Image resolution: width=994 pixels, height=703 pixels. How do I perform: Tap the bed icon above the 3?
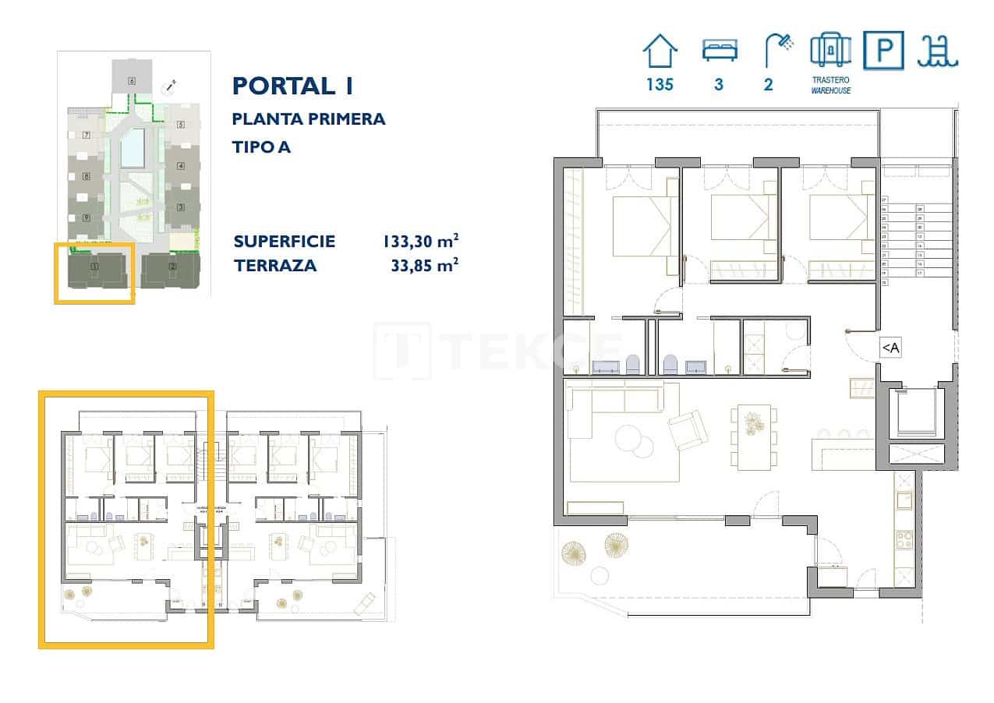(x=718, y=51)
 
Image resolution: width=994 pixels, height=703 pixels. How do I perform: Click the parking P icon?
(x=883, y=51)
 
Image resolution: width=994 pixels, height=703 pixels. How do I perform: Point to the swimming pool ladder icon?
(x=939, y=51)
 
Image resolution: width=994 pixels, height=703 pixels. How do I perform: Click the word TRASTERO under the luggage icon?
(x=830, y=80)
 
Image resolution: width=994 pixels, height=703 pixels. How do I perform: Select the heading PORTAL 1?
(x=292, y=86)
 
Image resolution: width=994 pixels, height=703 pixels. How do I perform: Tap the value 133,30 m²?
(x=419, y=242)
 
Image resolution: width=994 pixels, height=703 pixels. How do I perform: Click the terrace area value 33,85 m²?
(x=423, y=266)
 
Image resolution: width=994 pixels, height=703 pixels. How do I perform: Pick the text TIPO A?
(x=261, y=147)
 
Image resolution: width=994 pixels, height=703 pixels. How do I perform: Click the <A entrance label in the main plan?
(x=890, y=348)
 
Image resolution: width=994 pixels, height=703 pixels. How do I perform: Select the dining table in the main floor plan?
(x=754, y=436)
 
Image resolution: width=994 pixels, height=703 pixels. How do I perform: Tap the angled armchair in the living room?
(x=688, y=429)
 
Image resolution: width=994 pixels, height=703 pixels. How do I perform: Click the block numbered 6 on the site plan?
(x=132, y=80)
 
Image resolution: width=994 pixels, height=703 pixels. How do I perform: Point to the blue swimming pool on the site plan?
(x=133, y=148)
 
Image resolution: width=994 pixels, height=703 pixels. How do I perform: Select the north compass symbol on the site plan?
(x=169, y=88)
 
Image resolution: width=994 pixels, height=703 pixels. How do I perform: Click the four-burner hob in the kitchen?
(x=904, y=539)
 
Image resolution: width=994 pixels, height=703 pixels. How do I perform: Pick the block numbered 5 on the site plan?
(x=180, y=125)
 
